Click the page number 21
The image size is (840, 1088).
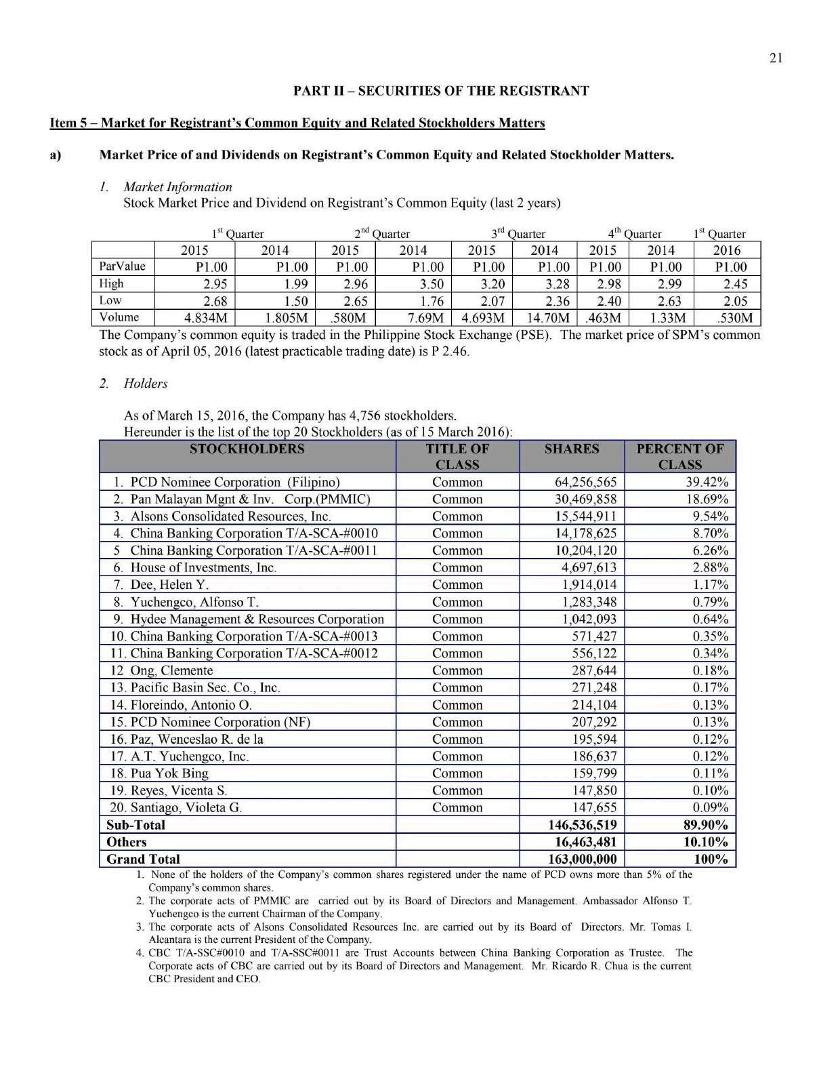[x=776, y=58]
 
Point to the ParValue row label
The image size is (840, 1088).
[x=123, y=266]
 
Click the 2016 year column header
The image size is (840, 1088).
[x=727, y=250]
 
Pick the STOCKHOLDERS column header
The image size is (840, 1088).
[x=247, y=449]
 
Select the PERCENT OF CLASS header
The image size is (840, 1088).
[x=679, y=456]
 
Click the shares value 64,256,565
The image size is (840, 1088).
[x=585, y=483]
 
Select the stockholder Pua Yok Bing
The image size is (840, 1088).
[x=169, y=773]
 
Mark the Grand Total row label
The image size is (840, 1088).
[x=144, y=860]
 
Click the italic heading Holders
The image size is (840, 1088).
[x=145, y=384]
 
